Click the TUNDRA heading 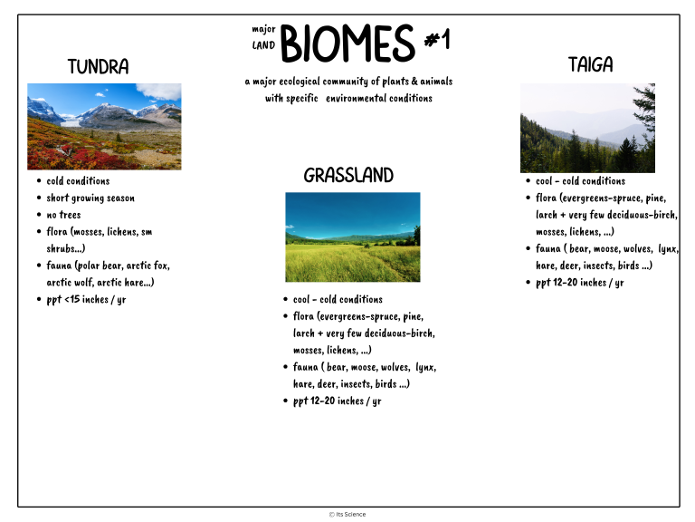[x=98, y=67]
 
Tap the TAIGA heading [x=590, y=64]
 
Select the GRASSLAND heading [x=348, y=175]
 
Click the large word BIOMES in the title [x=347, y=43]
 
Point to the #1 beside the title [x=437, y=40]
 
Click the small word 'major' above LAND [x=263, y=29]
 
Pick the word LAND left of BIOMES [x=263, y=45]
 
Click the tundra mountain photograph [x=103, y=126]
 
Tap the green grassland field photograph [x=352, y=237]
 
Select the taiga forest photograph [x=587, y=128]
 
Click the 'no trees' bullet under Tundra [x=63, y=215]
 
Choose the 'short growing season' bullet [x=90, y=198]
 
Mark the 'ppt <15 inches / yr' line [x=86, y=299]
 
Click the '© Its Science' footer [x=347, y=514]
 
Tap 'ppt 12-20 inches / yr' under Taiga [x=579, y=283]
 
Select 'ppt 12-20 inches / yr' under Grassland [x=337, y=401]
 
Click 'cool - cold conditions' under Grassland [x=338, y=299]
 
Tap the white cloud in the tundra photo [x=159, y=91]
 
